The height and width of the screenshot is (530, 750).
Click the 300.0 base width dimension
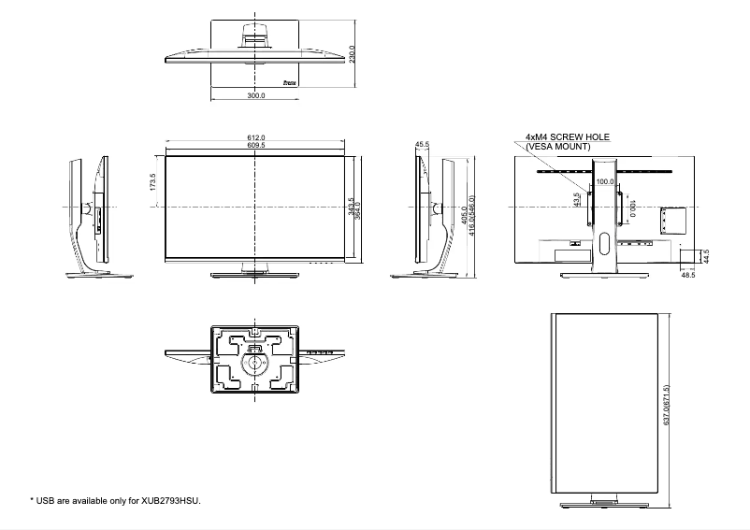point(256,95)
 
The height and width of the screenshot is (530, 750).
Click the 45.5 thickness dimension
point(422,145)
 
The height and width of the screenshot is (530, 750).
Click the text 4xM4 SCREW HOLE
point(567,137)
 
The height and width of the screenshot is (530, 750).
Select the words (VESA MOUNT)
point(558,147)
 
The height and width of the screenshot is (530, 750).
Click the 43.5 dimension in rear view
point(576,200)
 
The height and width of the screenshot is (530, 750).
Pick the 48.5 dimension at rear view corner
point(688,276)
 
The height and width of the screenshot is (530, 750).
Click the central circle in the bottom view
point(254,364)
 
